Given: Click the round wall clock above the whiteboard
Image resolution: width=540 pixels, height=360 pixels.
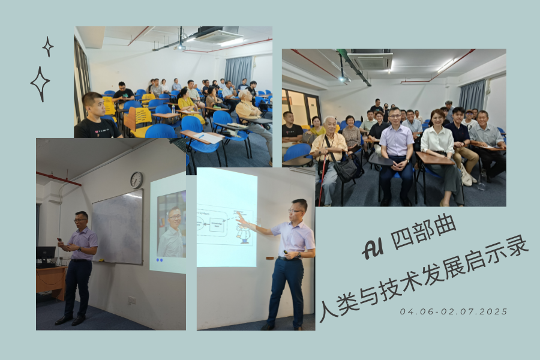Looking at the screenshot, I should [x=136, y=180].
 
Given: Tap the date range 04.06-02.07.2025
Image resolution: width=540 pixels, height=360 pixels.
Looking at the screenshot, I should [x=454, y=311].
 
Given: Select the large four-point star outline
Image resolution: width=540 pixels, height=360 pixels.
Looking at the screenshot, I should [x=40, y=84].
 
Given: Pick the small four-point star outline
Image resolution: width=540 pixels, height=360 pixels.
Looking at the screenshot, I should [x=48, y=46].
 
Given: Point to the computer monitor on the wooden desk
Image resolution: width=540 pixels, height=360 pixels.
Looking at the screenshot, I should [x=45, y=253].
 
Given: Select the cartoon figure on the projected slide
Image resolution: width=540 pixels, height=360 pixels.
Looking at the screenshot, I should [x=242, y=235].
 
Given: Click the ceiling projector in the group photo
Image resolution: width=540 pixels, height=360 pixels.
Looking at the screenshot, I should [x=343, y=78].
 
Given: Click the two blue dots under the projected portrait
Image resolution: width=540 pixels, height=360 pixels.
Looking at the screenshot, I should [x=160, y=260].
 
